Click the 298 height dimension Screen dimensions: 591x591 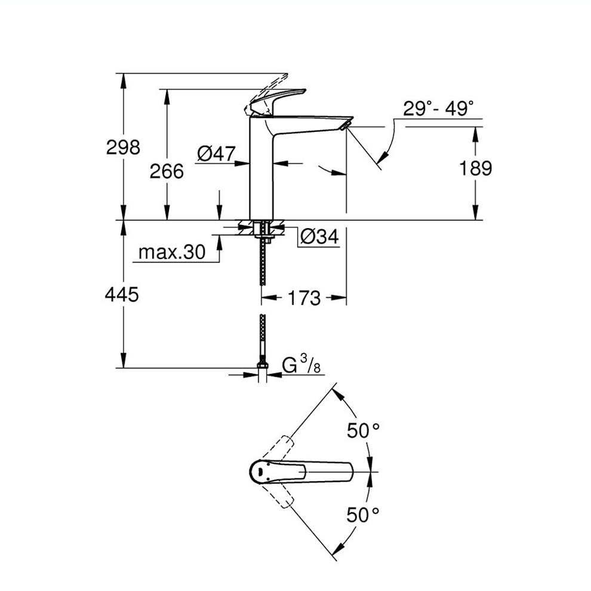pos(124,146)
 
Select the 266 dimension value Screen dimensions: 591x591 pos(167,171)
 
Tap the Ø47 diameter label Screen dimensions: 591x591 pos(215,154)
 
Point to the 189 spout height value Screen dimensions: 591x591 pos(475,168)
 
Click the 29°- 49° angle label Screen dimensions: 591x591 pos(438,108)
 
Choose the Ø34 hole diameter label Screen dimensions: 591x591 pos(319,237)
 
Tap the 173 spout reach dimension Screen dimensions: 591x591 pos(304,297)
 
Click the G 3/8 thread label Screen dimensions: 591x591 pos(301,364)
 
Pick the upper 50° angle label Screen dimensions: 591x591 pos(364,430)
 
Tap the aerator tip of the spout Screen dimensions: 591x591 pos(346,123)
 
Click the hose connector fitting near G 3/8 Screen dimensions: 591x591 pos(261,365)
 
